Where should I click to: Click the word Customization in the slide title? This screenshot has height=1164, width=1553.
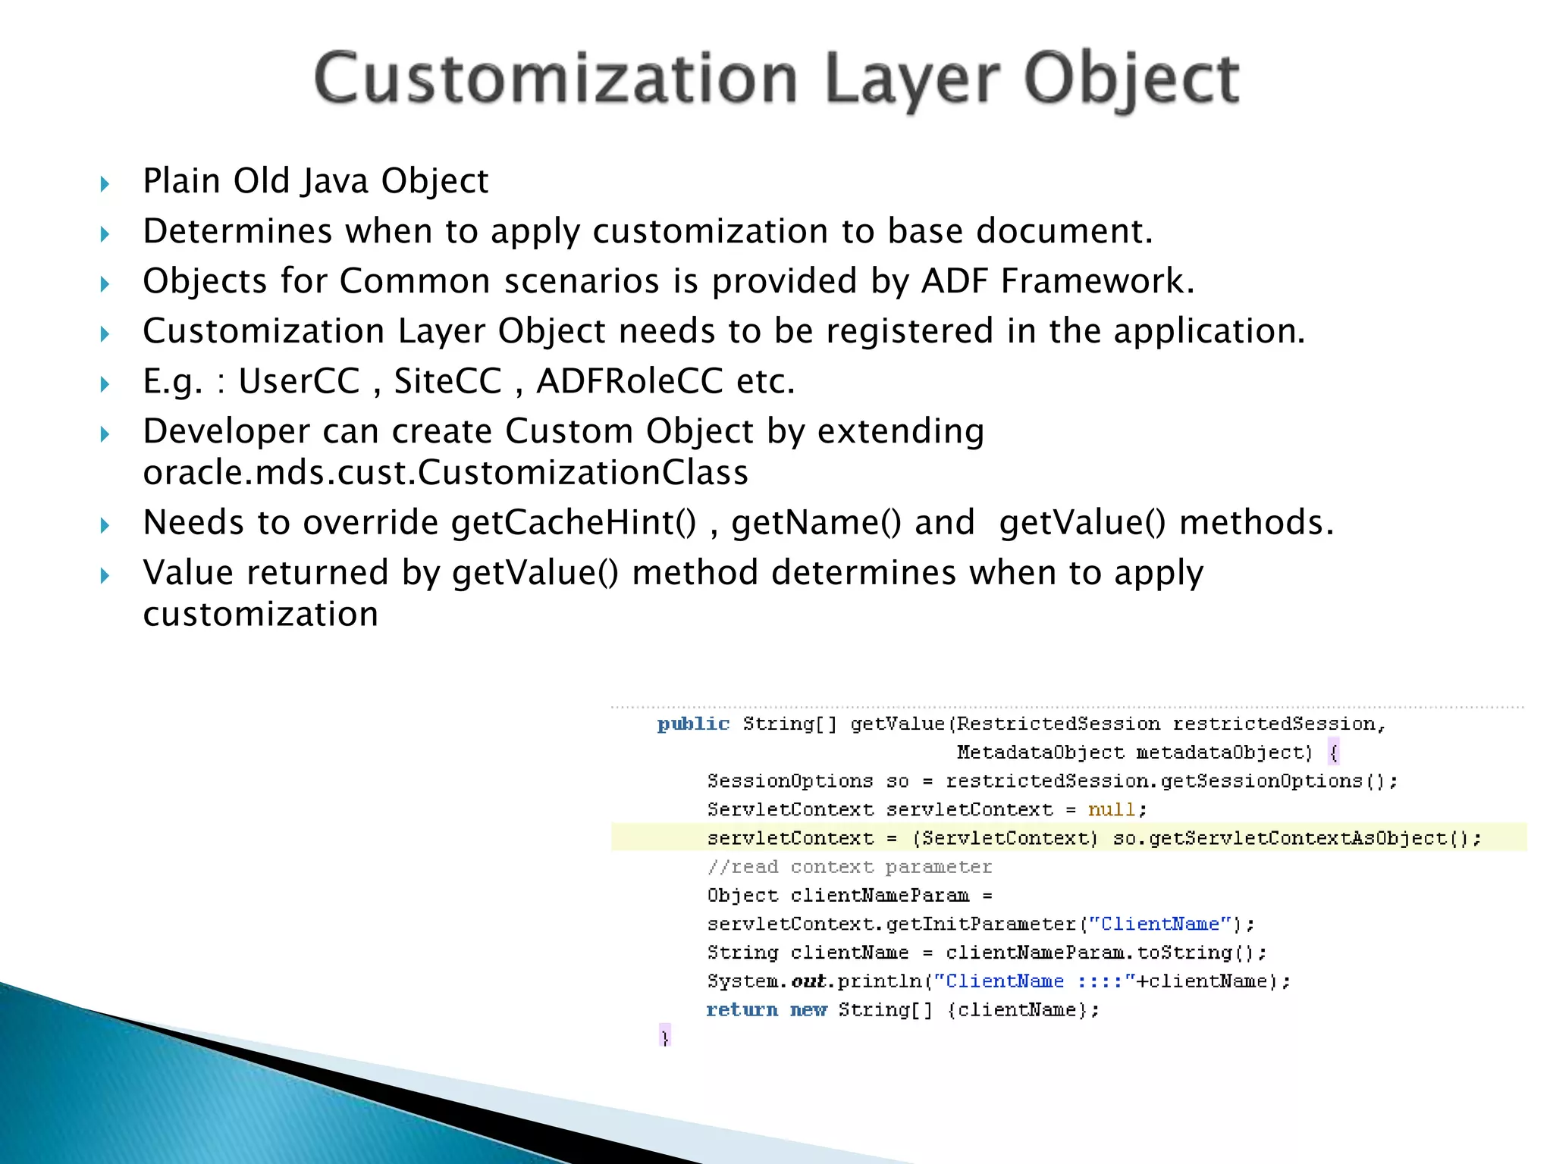[x=556, y=80]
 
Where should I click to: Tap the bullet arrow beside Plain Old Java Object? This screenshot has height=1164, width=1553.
[x=105, y=183]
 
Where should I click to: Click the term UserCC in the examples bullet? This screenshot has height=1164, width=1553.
[x=299, y=381]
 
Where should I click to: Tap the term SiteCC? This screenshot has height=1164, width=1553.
[x=447, y=381]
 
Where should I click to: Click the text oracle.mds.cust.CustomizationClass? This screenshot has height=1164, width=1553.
[x=445, y=473]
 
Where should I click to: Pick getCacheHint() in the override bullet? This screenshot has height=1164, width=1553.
[x=573, y=523]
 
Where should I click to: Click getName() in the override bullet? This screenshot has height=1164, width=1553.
[x=816, y=523]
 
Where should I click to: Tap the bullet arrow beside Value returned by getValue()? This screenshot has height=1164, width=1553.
[x=105, y=576]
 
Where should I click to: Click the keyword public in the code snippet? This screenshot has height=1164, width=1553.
[x=693, y=724]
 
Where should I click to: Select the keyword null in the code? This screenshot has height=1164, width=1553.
[x=1112, y=810]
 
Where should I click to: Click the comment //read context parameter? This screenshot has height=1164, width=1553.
[x=849, y=867]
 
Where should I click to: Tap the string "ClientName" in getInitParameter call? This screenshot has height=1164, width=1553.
[x=1160, y=925]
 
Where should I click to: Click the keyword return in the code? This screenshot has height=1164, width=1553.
[x=742, y=1010]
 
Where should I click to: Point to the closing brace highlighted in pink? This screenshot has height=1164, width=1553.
[x=665, y=1036]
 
